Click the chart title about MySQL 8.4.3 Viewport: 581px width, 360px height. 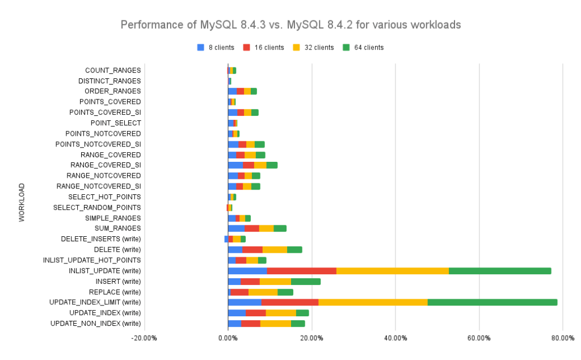click(290, 25)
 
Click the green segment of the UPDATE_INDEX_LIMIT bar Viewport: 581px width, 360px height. click(492, 302)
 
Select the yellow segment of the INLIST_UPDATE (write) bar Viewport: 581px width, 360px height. click(393, 271)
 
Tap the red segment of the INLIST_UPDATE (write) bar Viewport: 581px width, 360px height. click(302, 271)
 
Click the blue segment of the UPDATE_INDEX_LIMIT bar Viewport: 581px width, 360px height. click(245, 302)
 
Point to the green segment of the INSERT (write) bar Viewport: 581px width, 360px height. click(306, 281)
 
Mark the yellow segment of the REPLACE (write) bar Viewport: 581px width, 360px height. click(263, 292)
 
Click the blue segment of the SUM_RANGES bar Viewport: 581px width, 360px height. click(236, 228)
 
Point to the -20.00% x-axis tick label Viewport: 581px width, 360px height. click(144, 338)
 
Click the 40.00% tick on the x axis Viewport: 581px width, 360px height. click(395, 338)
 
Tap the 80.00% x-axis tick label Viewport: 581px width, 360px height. click(562, 338)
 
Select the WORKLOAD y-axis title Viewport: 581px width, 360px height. click(22, 202)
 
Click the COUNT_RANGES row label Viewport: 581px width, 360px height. click(113, 70)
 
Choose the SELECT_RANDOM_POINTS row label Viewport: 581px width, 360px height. click(97, 207)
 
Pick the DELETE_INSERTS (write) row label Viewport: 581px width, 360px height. click(100, 239)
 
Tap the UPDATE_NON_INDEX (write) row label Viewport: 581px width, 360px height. click(95, 324)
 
